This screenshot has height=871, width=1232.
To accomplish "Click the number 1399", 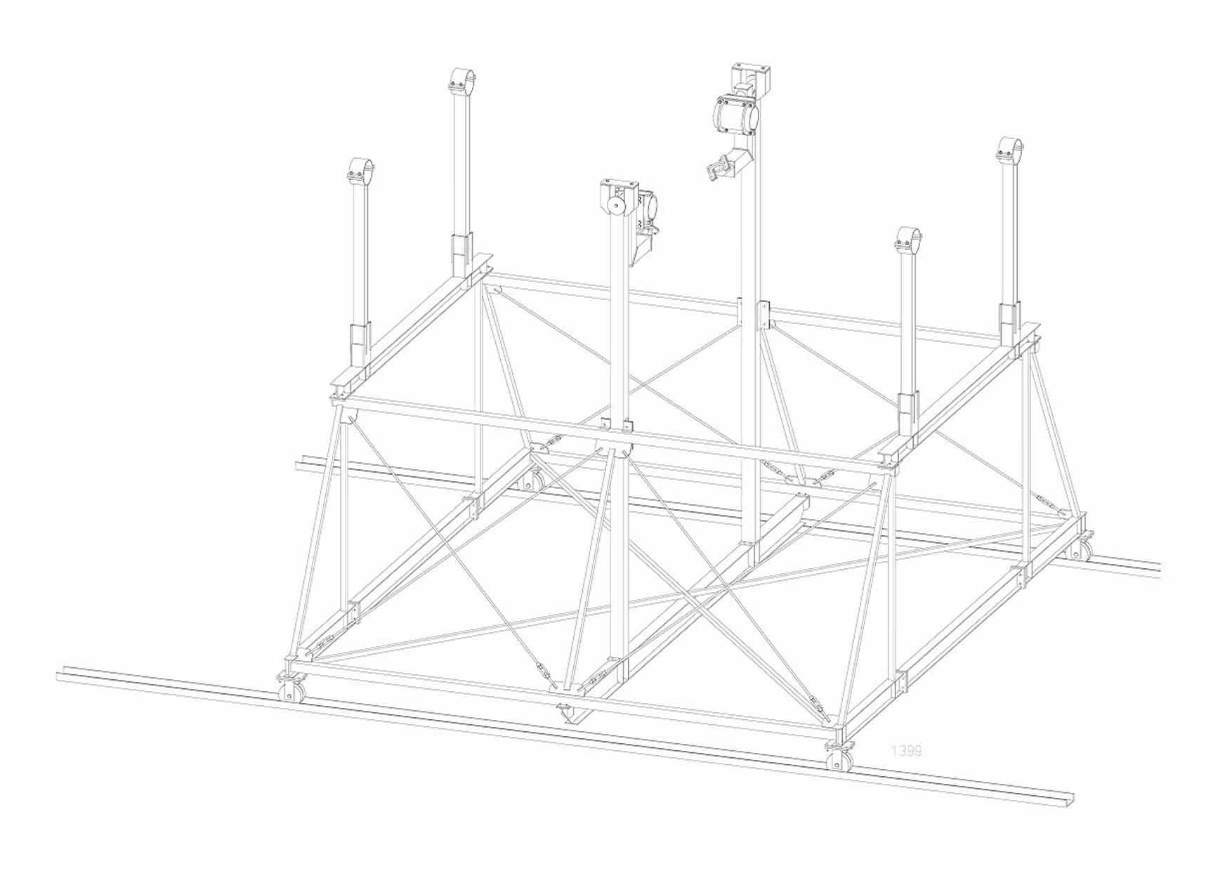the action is (906, 751).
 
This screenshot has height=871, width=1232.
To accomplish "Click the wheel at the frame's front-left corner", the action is (287, 691).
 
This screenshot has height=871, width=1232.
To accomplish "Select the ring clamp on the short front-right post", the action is (908, 240).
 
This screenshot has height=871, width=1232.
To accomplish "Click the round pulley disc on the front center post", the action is (617, 205).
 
